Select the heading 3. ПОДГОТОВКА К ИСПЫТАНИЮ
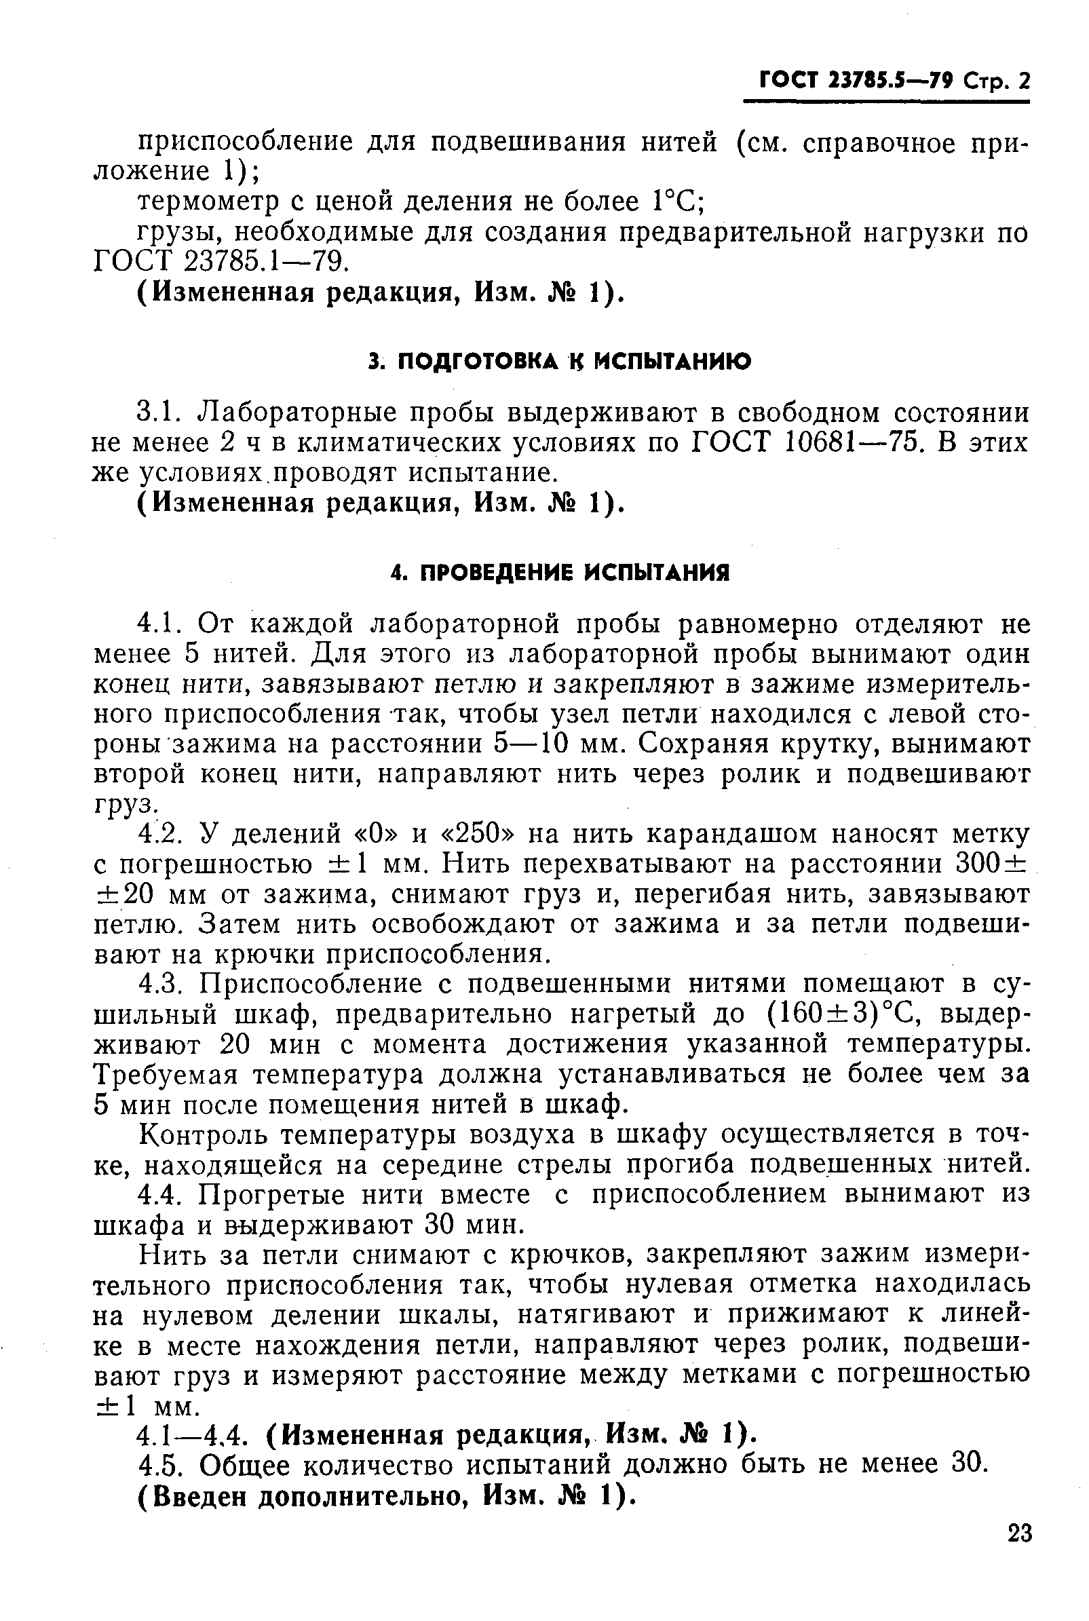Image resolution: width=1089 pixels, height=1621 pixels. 560,362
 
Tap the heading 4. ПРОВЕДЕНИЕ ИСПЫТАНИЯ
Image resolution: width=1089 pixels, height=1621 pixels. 560,573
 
